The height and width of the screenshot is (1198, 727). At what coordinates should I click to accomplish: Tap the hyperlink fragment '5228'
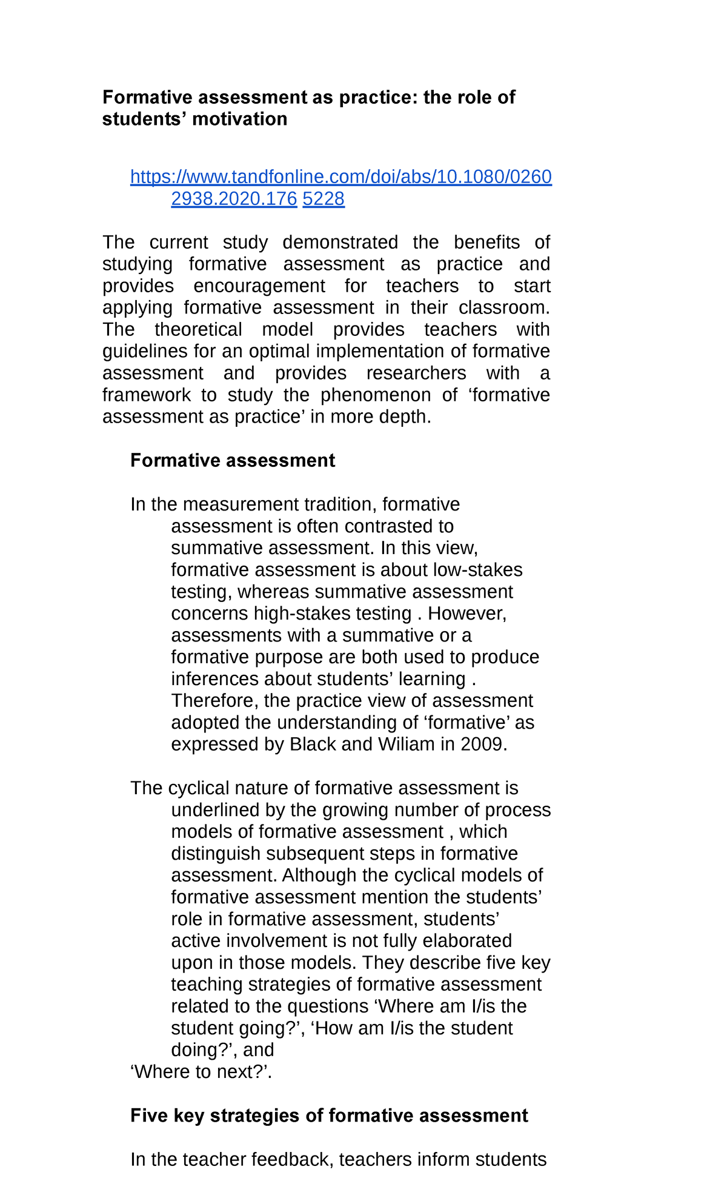point(324,199)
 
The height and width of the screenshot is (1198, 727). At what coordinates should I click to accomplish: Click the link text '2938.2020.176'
point(234,199)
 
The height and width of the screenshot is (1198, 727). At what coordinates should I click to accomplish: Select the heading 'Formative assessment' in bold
point(232,461)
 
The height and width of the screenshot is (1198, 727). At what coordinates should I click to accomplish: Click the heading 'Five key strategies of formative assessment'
point(329,1116)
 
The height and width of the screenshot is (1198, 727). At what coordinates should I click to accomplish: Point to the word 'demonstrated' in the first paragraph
point(340,243)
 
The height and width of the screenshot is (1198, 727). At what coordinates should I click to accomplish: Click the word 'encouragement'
point(259,286)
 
